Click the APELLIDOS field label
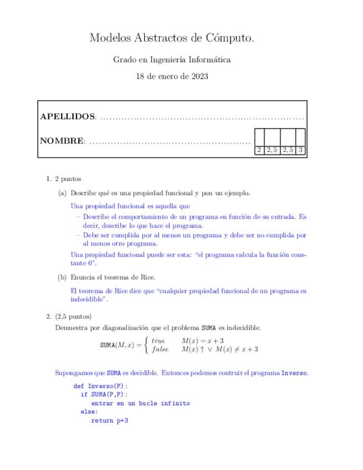(x=68, y=117)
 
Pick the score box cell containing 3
(x=300, y=150)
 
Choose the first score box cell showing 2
(x=259, y=150)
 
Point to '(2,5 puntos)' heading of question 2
(x=73, y=316)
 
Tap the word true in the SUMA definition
(x=159, y=341)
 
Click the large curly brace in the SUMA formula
(x=146, y=345)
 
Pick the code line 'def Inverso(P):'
(x=100, y=386)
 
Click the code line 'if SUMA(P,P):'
(x=104, y=395)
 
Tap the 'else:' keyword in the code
(x=89, y=412)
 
